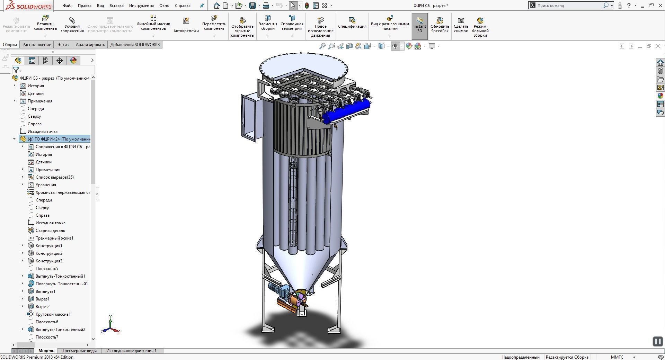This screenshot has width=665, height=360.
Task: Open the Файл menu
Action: coord(68,6)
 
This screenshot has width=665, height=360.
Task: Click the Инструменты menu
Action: coord(141,6)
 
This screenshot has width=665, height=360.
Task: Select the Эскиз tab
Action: coord(63,45)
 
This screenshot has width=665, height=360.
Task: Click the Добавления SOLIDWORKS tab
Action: coord(135,45)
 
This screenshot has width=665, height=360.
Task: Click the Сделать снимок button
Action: coord(461,25)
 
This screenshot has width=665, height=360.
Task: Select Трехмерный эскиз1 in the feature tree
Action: coord(54,238)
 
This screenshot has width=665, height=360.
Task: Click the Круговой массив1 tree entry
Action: coord(53,314)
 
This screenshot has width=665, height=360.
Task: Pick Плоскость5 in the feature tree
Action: coord(47,269)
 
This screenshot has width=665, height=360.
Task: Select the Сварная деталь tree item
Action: coord(50,231)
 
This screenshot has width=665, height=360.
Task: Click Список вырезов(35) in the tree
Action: coord(54,177)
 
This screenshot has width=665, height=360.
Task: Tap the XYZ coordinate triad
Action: coord(110,325)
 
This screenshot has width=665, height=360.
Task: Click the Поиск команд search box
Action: coord(568,6)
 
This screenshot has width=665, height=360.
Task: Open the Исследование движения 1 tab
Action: coord(131,351)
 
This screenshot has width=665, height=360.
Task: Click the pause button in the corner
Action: coord(657,342)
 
